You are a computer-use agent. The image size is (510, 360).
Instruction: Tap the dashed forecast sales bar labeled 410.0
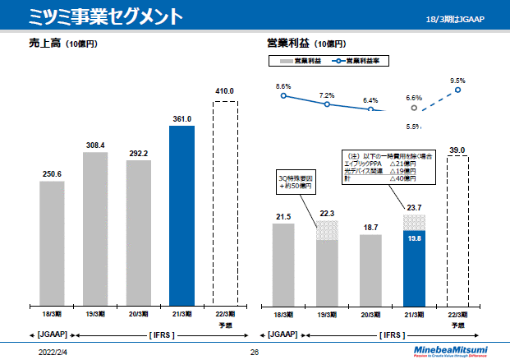pos(225,201)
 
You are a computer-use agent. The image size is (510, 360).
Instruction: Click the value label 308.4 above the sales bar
pos(95,145)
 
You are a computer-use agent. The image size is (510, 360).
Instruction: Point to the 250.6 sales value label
pos(52,173)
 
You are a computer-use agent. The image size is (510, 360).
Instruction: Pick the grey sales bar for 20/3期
pos(139,232)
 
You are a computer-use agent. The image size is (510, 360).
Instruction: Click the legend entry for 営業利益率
pos(360,61)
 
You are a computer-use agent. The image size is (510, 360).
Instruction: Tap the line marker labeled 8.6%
pos(283,96)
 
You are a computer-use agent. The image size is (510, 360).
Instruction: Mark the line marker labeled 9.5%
pos(457,90)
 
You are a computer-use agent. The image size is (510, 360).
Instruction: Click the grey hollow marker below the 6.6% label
pos(414,108)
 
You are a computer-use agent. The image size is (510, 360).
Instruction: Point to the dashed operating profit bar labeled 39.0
pos(457,230)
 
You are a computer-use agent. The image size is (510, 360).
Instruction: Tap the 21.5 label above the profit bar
pos(283,216)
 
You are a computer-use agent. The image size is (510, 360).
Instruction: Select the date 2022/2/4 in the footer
pos(53,350)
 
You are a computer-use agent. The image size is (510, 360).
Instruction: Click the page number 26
pos(255,350)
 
